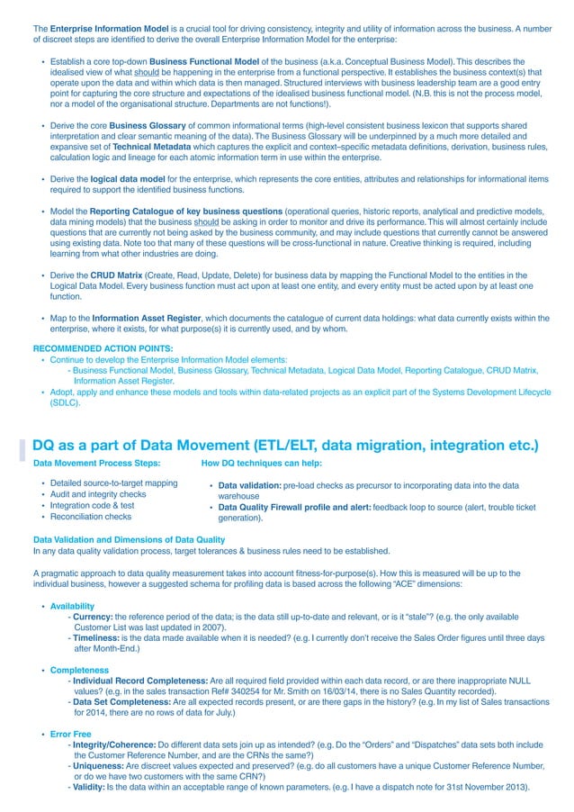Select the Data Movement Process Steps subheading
pyautogui.click(x=96, y=463)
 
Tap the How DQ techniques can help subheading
pyautogui.click(x=261, y=463)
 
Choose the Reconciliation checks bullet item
pyautogui.click(x=90, y=517)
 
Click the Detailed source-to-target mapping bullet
pyautogui.click(x=113, y=483)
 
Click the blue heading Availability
pyautogui.click(x=72, y=606)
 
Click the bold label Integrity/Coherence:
pyautogui.click(x=114, y=744)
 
